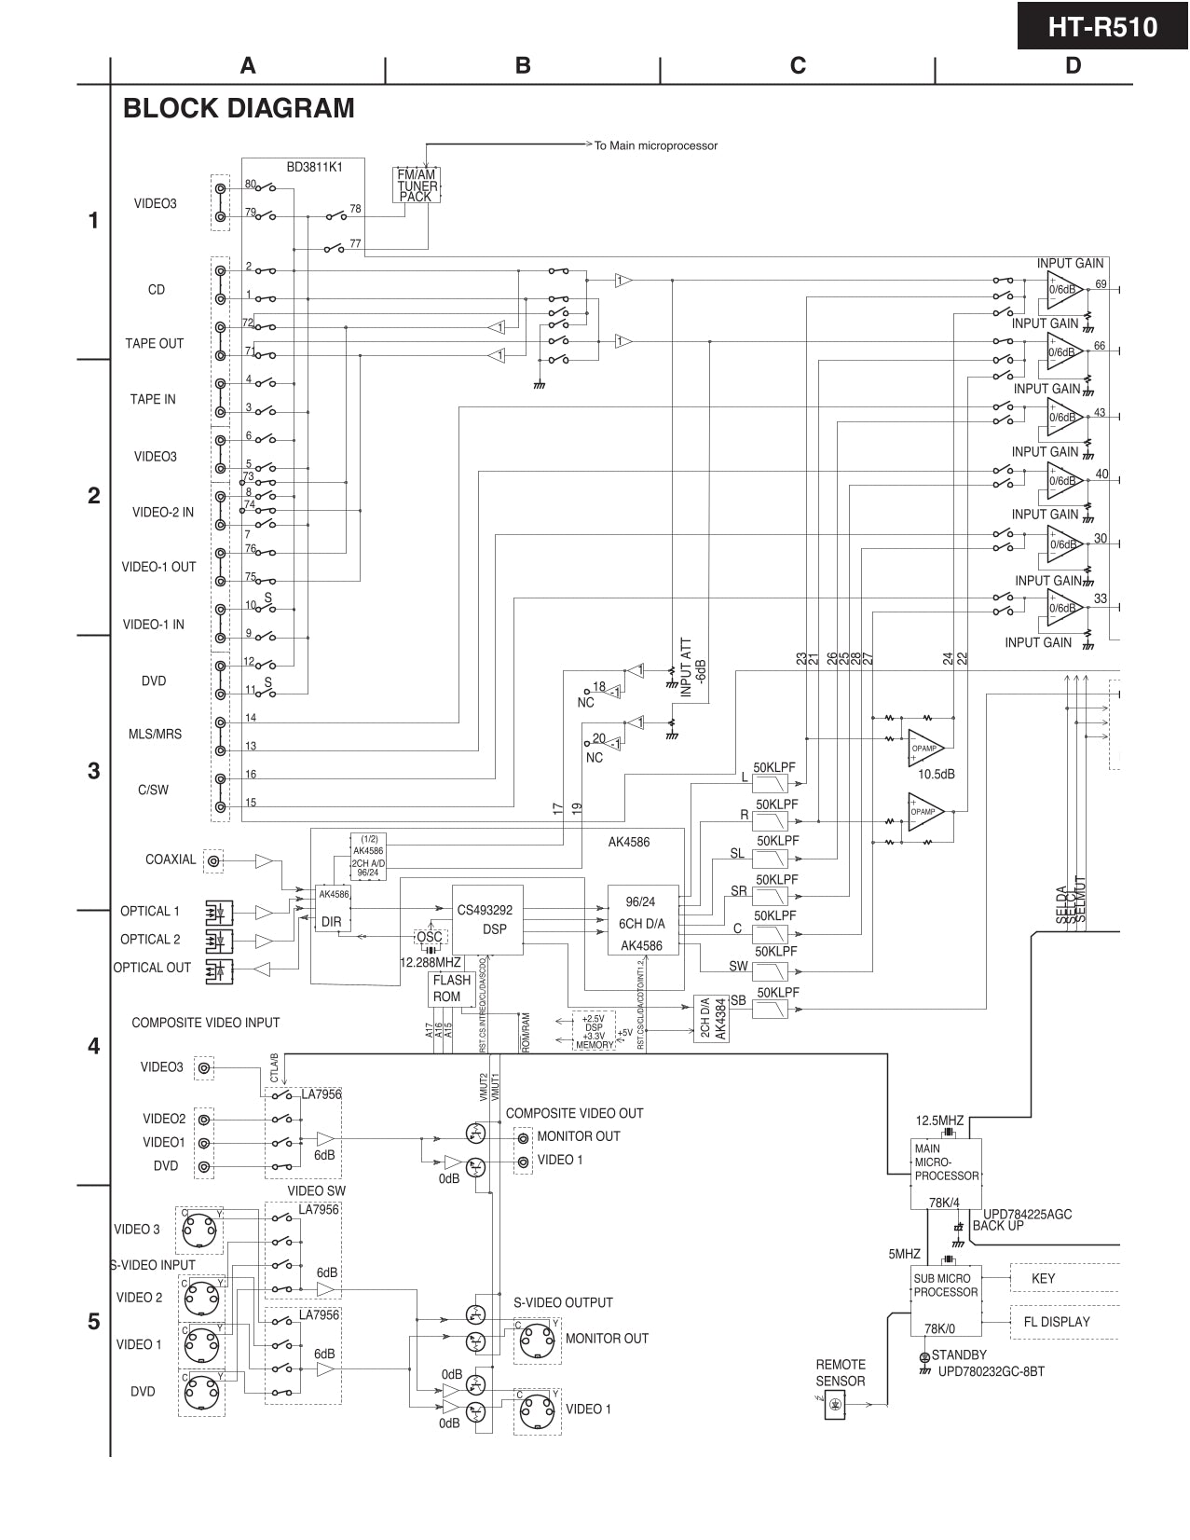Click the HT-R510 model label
coord(1102,27)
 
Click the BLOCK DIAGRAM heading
coord(239,108)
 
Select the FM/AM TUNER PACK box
coord(416,185)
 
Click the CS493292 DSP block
coord(487,919)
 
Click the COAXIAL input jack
coord(214,861)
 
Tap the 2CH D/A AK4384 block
coord(712,1018)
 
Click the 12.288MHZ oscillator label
coord(430,962)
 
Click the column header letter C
coord(798,65)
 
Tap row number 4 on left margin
coord(93,1047)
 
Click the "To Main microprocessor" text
coord(655,145)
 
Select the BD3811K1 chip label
coord(314,167)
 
